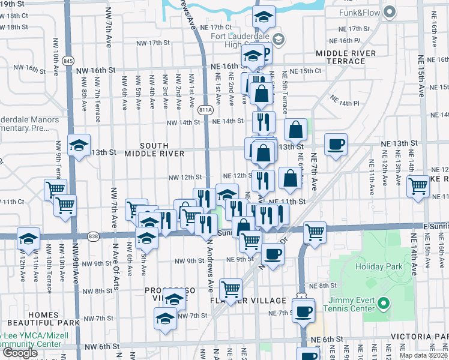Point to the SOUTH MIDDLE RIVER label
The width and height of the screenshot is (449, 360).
coord(154,149)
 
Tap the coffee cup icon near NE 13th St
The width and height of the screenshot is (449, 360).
coord(336,144)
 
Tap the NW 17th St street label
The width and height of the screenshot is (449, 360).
coord(154,43)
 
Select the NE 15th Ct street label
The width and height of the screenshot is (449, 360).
coord(306,71)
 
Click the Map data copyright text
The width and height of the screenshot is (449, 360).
coord(423,355)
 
